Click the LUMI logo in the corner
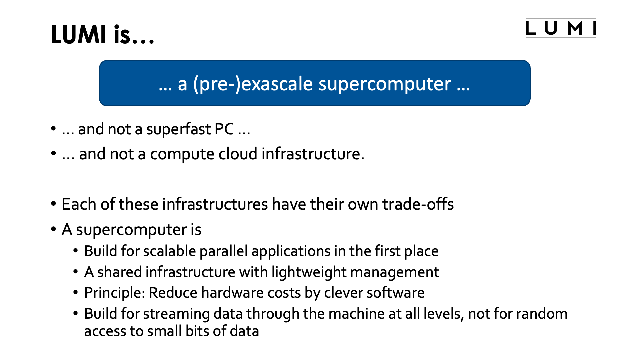pos(561,28)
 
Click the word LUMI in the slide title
pos(79,35)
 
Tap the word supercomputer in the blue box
pos(385,84)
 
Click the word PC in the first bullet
pos(224,129)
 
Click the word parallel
pos(223,251)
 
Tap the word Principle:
pos(115,293)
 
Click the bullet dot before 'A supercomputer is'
pos(53,229)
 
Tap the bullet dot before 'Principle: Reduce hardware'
pos(76,292)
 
